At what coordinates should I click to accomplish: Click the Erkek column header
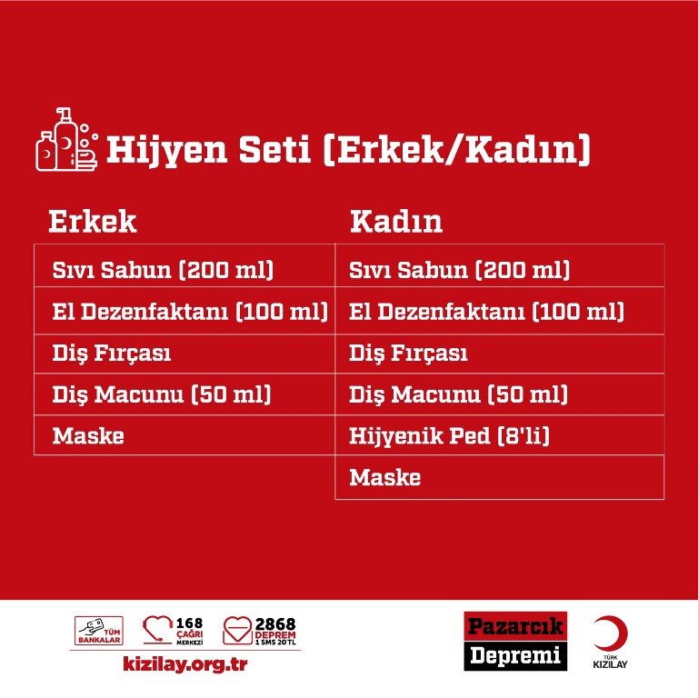click(92, 221)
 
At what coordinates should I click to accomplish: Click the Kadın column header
click(396, 221)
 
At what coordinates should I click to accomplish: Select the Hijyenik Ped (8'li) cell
click(449, 436)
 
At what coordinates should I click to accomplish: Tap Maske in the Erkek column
click(88, 436)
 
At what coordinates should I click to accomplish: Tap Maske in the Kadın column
click(385, 477)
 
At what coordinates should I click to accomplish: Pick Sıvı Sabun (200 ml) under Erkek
click(163, 270)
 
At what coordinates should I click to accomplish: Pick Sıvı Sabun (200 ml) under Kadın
click(459, 270)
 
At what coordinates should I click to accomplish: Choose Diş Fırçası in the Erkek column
click(112, 354)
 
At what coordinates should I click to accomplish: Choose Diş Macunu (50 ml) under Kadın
click(458, 394)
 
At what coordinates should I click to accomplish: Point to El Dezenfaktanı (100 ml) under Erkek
click(190, 311)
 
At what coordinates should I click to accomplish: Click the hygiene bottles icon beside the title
click(66, 139)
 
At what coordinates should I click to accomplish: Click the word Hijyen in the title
click(167, 150)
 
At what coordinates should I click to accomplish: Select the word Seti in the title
click(274, 149)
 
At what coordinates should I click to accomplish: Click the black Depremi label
click(515, 655)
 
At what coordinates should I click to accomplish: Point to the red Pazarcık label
click(515, 626)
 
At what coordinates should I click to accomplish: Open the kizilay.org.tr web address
click(184, 663)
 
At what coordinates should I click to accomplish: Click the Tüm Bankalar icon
click(99, 631)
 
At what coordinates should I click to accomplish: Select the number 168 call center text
click(190, 623)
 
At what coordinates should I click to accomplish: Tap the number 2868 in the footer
click(275, 623)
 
